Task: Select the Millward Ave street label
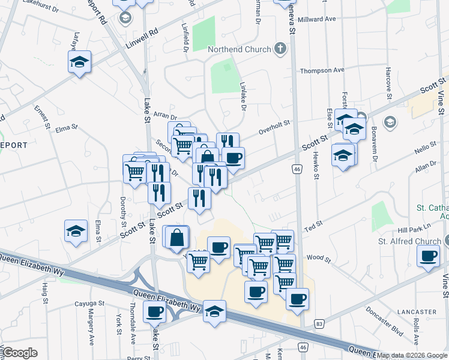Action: tap(316, 19)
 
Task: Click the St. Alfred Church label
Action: tap(409, 241)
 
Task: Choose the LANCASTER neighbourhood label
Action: tap(416, 312)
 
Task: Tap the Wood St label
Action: tap(319, 257)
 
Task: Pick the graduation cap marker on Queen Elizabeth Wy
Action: tap(215, 311)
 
